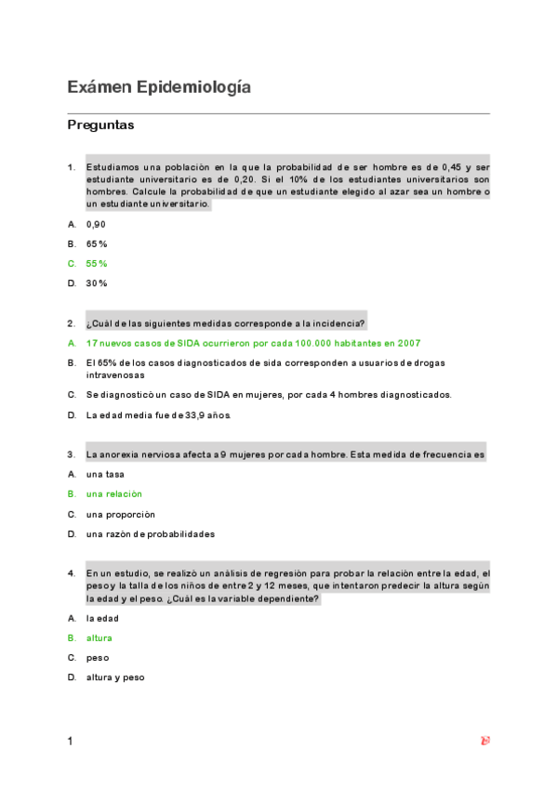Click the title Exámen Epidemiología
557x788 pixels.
point(159,87)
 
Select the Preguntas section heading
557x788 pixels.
point(100,125)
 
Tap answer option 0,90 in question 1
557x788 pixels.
point(96,224)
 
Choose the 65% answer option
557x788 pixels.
point(97,243)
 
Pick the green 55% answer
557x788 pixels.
point(97,263)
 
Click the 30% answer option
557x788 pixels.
point(97,282)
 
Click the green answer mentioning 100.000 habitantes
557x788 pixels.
point(253,343)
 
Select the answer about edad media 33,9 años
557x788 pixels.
point(158,414)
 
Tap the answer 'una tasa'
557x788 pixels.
point(104,474)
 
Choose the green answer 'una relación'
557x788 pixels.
point(113,494)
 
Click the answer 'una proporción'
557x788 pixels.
point(120,514)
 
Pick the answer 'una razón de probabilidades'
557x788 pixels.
point(150,534)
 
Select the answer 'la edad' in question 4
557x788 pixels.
point(102,618)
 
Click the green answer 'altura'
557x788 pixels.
point(99,638)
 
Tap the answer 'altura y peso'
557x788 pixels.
point(115,677)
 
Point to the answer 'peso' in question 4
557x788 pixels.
point(97,658)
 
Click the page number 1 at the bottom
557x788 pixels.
point(70,742)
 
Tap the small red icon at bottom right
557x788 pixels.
point(484,741)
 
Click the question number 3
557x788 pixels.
point(71,454)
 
